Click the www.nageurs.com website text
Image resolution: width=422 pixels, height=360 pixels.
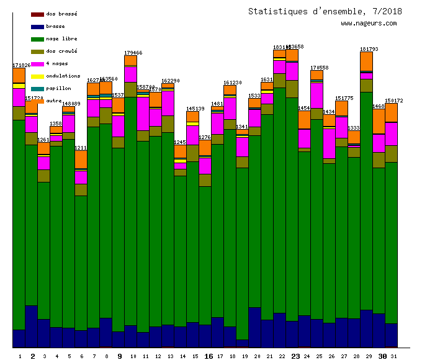pyautogui.click(x=369, y=24)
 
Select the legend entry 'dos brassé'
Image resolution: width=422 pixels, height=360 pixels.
pyautogui.click(x=61, y=14)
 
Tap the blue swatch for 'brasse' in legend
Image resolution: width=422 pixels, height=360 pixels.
pyautogui.click(x=37, y=27)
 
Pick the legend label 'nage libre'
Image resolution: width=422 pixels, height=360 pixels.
pyautogui.click(x=61, y=38)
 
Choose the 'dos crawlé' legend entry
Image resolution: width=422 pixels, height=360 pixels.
pyautogui.click(x=61, y=51)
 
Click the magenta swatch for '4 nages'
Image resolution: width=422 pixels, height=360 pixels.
pyautogui.click(x=37, y=64)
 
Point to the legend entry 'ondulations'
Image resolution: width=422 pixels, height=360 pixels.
pyautogui.click(x=63, y=76)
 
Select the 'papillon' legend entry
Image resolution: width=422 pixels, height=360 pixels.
pyautogui.click(x=58, y=88)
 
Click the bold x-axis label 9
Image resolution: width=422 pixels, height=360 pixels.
pyautogui.click(x=119, y=356)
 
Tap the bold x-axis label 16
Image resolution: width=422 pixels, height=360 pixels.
pyautogui.click(x=209, y=356)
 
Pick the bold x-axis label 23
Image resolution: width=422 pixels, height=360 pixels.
pyautogui.click(x=295, y=356)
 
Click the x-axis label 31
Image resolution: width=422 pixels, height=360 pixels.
pyautogui.click(x=394, y=356)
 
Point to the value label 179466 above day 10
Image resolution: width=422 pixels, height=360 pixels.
pyautogui.click(x=133, y=53)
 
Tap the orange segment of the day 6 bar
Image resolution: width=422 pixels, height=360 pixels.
pyautogui.click(x=81, y=160)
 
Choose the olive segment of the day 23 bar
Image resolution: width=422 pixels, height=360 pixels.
pyautogui.click(x=292, y=89)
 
